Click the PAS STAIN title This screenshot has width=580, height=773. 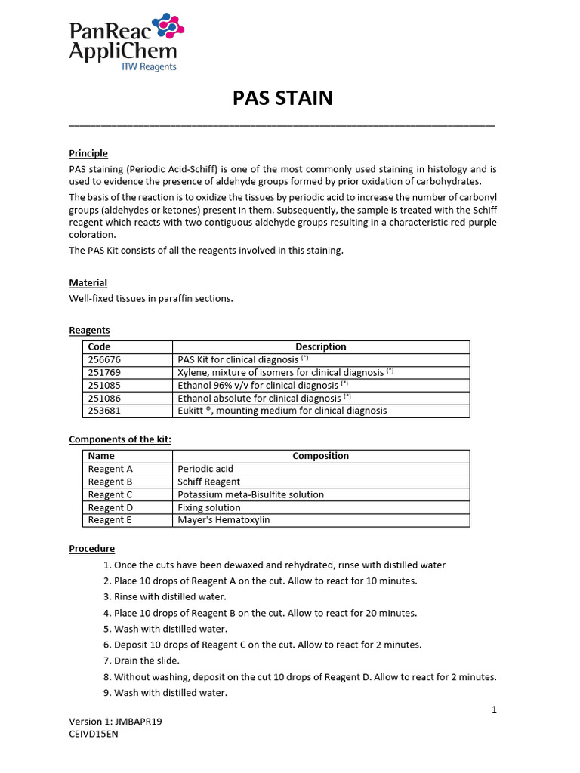click(282, 98)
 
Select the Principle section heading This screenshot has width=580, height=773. click(88, 153)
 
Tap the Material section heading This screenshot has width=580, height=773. click(88, 282)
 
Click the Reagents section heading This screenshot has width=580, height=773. click(89, 330)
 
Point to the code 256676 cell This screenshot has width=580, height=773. click(104, 359)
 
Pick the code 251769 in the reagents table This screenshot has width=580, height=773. click(104, 372)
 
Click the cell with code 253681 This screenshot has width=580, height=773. click(104, 411)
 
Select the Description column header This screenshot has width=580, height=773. click(320, 346)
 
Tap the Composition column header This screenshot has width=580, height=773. click(320, 456)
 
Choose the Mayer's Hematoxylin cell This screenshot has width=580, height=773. click(224, 520)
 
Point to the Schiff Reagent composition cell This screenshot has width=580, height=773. click(208, 482)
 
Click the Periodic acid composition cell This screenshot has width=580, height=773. click(205, 469)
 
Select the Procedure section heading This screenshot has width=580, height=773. click(91, 548)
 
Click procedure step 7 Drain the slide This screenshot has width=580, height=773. click(147, 661)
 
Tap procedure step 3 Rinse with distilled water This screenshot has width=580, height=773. click(165, 596)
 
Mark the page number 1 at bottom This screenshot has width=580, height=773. click(494, 710)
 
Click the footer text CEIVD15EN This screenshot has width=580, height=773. click(93, 733)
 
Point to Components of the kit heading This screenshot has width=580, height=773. click(125, 439)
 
